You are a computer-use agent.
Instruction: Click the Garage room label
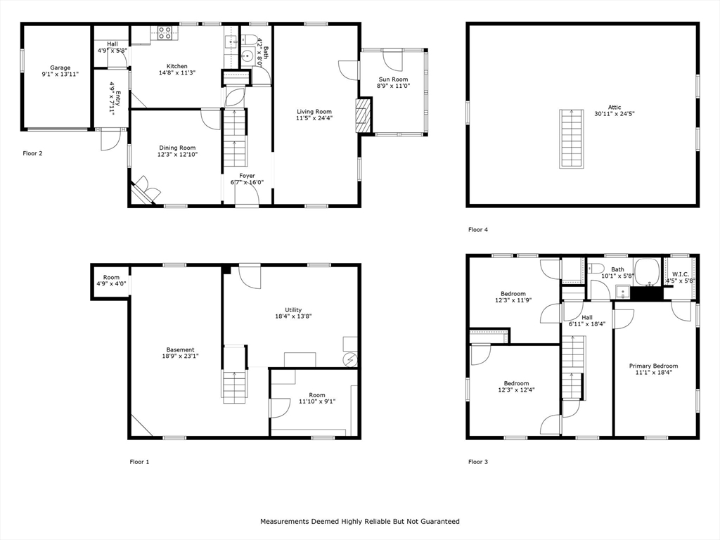point(60,68)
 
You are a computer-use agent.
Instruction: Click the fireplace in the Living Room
point(363,115)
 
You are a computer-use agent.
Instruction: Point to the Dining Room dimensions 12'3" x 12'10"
point(177,154)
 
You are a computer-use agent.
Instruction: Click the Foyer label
point(247,176)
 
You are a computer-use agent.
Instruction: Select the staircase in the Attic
point(572,139)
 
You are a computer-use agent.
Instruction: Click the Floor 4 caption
point(478,229)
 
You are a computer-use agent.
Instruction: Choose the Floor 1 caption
point(139,462)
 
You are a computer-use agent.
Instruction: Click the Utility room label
point(293,310)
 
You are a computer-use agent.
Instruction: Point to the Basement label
point(181,349)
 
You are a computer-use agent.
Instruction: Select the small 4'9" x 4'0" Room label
point(111,278)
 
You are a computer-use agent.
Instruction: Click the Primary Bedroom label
point(653,366)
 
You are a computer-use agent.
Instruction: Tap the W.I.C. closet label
point(680,274)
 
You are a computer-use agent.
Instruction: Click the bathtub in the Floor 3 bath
point(646,270)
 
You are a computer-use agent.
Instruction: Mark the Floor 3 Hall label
point(586,317)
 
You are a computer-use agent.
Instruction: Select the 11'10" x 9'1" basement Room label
point(316,395)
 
